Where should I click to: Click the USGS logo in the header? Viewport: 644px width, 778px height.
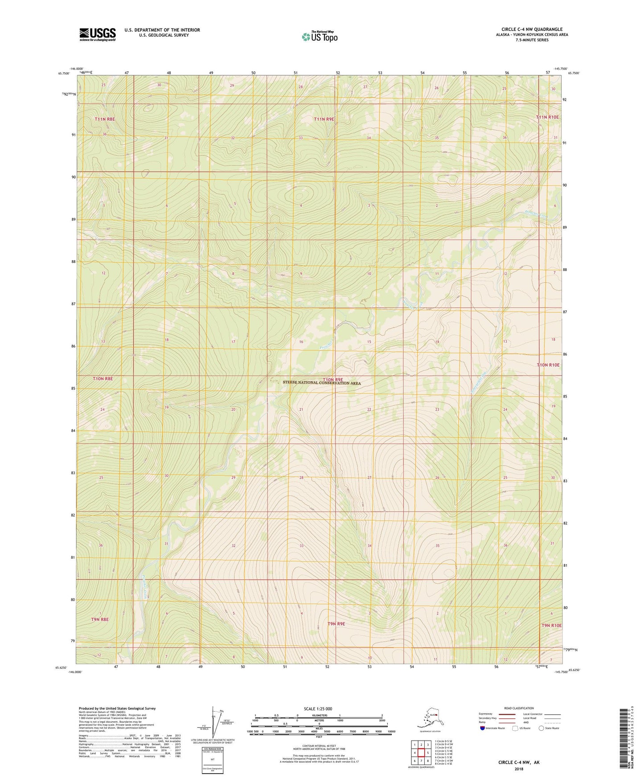pyautogui.click(x=97, y=34)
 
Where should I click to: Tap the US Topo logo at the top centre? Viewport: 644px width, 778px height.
pyautogui.click(x=319, y=37)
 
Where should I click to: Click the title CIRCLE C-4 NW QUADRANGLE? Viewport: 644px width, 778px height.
pyautogui.click(x=532, y=29)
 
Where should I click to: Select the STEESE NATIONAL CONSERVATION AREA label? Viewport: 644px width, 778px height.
pyautogui.click(x=321, y=383)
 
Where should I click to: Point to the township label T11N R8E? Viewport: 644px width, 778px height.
pyautogui.click(x=105, y=119)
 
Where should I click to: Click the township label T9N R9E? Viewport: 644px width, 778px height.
pyautogui.click(x=336, y=624)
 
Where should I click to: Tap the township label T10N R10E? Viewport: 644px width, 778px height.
pyautogui.click(x=548, y=365)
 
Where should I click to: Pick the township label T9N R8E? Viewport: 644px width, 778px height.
pyautogui.click(x=100, y=619)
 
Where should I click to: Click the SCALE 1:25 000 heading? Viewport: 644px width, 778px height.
pyautogui.click(x=319, y=708)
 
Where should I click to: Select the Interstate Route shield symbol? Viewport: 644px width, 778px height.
pyautogui.click(x=482, y=728)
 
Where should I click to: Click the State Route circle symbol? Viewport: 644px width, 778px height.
pyautogui.click(x=541, y=728)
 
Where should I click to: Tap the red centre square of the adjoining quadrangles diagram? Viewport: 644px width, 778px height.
pyautogui.click(x=421, y=753)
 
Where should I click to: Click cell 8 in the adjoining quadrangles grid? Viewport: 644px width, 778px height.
pyautogui.click(x=428, y=761)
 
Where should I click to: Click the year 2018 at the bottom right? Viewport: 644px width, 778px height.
pyautogui.click(x=519, y=768)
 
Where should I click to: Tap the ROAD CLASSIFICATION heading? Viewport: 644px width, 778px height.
pyautogui.click(x=519, y=708)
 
